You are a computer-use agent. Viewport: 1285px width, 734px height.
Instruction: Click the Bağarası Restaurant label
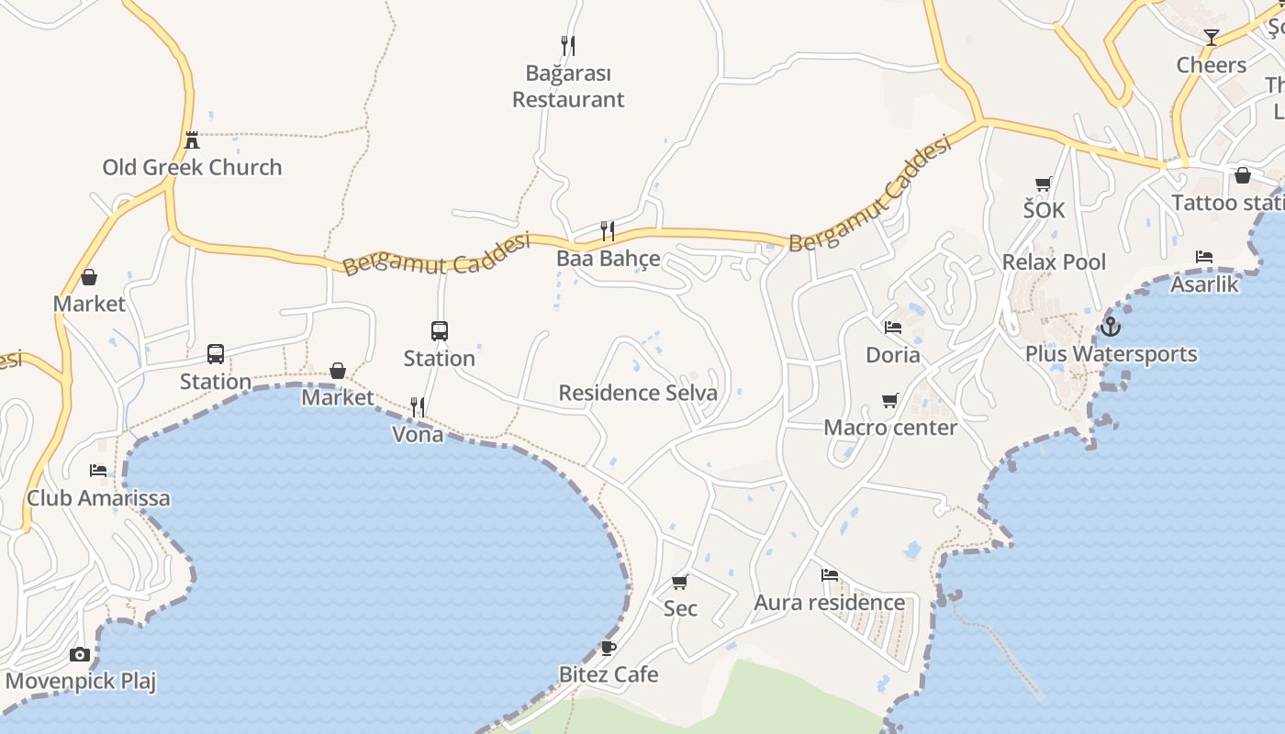(568, 86)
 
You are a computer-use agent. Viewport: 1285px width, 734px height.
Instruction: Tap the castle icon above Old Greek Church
(192, 140)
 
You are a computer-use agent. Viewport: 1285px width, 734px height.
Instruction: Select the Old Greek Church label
(192, 167)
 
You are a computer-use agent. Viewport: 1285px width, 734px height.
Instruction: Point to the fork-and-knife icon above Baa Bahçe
(607, 230)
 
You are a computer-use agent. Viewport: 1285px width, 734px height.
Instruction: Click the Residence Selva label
(638, 394)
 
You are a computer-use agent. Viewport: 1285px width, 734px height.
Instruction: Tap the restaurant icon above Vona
(418, 406)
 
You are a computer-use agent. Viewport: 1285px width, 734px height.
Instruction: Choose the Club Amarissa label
(98, 498)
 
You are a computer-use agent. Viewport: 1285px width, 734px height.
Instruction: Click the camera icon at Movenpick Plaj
(80, 654)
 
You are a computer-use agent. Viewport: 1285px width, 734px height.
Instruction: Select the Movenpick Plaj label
(81, 682)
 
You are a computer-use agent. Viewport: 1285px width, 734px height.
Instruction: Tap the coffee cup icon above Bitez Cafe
(608, 648)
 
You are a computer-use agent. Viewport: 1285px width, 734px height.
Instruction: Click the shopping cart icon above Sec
(680, 582)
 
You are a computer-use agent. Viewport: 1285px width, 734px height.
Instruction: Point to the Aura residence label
(829, 603)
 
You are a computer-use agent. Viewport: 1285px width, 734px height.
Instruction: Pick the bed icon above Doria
(893, 327)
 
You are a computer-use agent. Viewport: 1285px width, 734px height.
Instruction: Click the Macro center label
(889, 428)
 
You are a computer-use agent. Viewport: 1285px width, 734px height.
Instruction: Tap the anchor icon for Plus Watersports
(1111, 326)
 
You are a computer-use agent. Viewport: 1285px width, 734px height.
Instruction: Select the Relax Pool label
(1054, 262)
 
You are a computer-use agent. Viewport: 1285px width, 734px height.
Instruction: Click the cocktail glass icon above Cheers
(1212, 38)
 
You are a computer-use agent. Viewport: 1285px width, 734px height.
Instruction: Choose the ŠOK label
(1045, 210)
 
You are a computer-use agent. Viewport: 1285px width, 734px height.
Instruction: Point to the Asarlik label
(1204, 284)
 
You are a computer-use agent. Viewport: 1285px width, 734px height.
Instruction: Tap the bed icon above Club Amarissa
(98, 471)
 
